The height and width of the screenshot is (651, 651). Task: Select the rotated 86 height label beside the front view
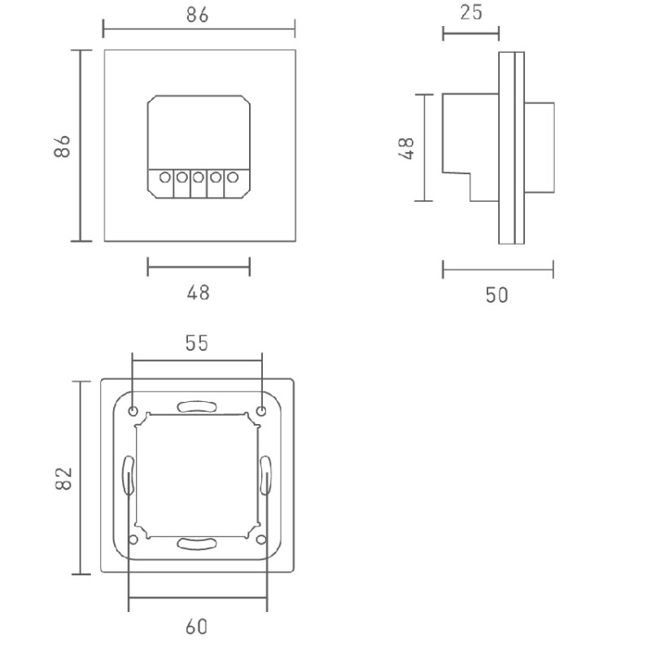(x=63, y=146)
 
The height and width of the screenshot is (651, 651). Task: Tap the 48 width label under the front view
(x=198, y=291)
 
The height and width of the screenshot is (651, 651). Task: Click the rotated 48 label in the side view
(x=408, y=147)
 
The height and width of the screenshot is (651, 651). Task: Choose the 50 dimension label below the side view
(x=497, y=295)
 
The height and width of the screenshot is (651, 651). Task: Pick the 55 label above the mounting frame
(x=196, y=343)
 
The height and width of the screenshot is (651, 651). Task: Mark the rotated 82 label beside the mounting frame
(x=64, y=478)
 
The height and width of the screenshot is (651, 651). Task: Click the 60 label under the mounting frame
(x=196, y=627)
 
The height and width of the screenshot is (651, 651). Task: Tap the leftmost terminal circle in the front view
(x=164, y=177)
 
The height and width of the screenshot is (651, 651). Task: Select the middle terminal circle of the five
(x=199, y=177)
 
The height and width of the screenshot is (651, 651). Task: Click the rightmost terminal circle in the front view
(x=233, y=177)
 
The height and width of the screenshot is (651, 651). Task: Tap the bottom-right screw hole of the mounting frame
(x=260, y=540)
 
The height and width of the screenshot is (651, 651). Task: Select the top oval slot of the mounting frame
(x=197, y=404)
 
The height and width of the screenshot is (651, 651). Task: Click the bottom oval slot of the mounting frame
(x=197, y=544)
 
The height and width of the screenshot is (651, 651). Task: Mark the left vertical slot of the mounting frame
(x=128, y=475)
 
